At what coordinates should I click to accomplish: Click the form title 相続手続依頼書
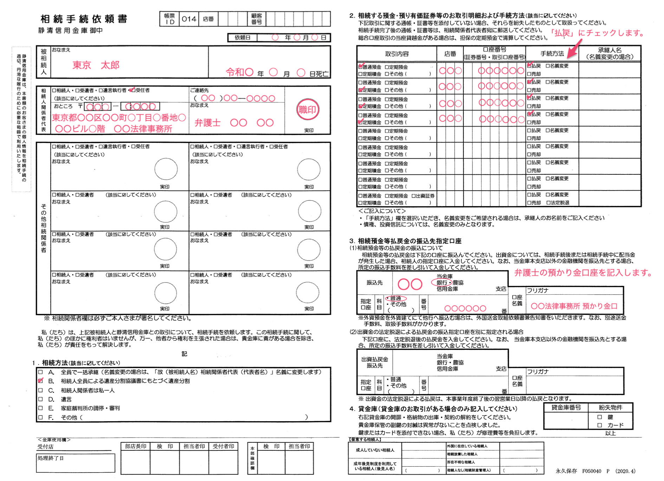pyautogui.click(x=84, y=19)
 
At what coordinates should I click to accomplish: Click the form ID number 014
pyautogui.click(x=189, y=19)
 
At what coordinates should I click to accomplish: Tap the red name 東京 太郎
pyautogui.click(x=96, y=65)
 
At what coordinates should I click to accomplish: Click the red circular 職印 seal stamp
pyautogui.click(x=307, y=110)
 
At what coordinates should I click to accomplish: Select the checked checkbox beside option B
pyautogui.click(x=41, y=381)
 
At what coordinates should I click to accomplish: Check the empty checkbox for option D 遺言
pyautogui.click(x=41, y=399)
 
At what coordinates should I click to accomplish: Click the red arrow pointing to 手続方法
pyautogui.click(x=574, y=50)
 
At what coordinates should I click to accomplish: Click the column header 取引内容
pyautogui.click(x=397, y=54)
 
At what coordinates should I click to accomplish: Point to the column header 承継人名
pyautogui.click(x=610, y=53)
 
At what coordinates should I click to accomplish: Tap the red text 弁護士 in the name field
pyautogui.click(x=207, y=123)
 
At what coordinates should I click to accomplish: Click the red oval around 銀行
pyautogui.click(x=441, y=282)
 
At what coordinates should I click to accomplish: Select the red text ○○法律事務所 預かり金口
pyautogui.click(x=574, y=306)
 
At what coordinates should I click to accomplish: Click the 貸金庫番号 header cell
pyautogui.click(x=566, y=408)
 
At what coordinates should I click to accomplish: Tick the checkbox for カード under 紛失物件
pyautogui.click(x=600, y=425)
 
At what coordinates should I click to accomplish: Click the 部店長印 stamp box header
pyautogui.click(x=136, y=446)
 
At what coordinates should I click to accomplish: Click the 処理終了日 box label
pyautogui.click(x=51, y=458)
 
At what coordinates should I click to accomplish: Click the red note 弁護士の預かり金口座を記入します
pyautogui.click(x=583, y=273)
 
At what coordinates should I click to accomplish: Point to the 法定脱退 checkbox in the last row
pyautogui.click(x=548, y=203)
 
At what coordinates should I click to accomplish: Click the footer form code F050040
pyautogui.click(x=591, y=471)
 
